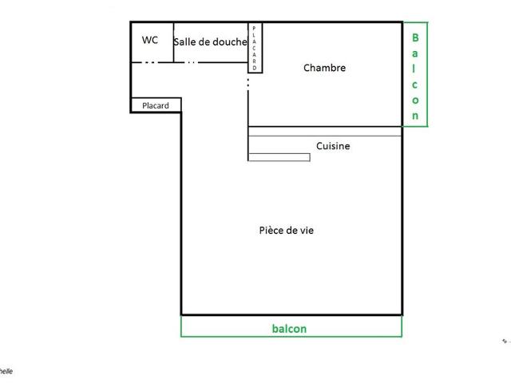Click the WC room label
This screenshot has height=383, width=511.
(x=149, y=40)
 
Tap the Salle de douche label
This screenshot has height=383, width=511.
(x=210, y=43)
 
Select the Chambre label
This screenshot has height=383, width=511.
(x=324, y=68)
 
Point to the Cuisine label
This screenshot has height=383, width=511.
(x=333, y=146)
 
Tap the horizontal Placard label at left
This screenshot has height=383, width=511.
(x=156, y=105)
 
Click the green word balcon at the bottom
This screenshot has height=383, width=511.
(x=289, y=328)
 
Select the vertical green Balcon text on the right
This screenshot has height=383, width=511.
(x=415, y=75)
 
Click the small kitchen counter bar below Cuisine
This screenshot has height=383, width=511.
(x=279, y=157)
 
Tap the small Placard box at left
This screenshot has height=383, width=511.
(x=156, y=105)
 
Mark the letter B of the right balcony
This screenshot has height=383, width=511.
(x=415, y=37)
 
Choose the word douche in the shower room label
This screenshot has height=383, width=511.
(x=229, y=43)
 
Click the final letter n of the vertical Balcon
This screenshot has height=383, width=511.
(x=415, y=115)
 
